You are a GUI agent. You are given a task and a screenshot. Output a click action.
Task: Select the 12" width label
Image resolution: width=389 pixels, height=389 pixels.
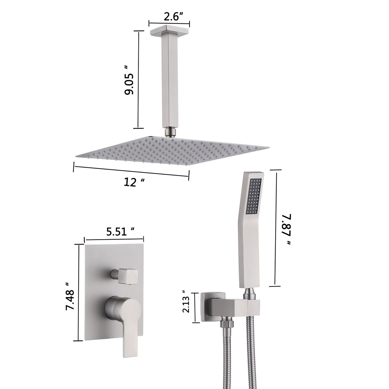pos(134,183)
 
